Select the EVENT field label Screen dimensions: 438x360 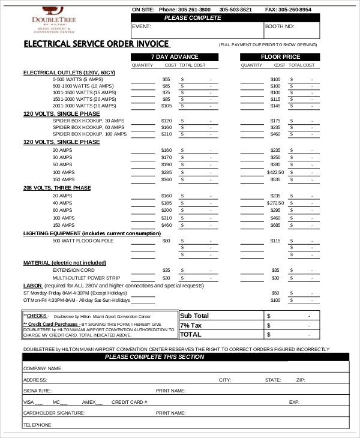point(142,27)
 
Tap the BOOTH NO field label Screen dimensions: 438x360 point(280,27)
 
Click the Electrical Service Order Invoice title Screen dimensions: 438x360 point(96,44)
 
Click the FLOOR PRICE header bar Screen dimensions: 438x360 point(278,56)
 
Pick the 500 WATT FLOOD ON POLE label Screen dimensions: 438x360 point(83,241)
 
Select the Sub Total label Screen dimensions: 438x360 point(194,316)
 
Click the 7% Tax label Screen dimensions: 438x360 point(192,325)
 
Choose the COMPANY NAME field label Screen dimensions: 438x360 point(43,368)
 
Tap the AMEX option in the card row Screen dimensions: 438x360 point(89,402)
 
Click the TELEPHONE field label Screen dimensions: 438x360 point(37,425)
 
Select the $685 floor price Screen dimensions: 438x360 point(275,225)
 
